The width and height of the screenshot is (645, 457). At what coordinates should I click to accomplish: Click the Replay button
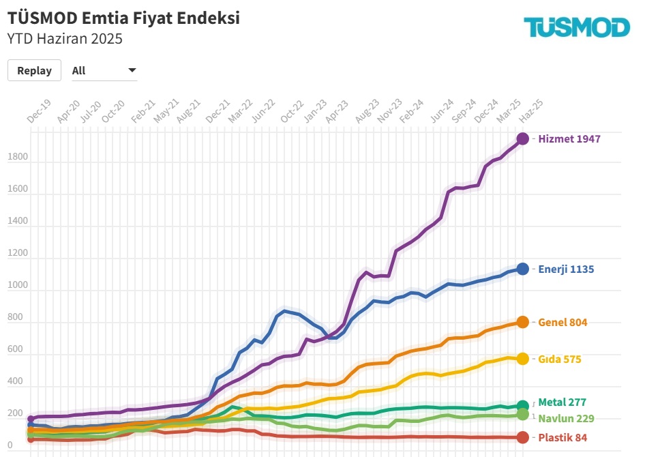pos(34,70)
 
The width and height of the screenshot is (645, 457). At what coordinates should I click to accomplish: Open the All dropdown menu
pos(104,70)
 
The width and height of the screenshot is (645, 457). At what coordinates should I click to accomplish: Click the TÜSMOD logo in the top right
pos(577,27)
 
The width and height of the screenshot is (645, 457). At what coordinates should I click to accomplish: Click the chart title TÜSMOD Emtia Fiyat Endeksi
pos(123,18)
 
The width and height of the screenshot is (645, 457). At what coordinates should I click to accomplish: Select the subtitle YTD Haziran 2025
pos(65,39)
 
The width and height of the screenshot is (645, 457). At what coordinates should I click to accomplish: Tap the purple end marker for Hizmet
pos(522,138)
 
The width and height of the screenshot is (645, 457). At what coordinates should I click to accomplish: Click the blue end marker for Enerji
pos(522,269)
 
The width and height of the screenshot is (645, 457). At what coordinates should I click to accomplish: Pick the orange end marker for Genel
pos(522,322)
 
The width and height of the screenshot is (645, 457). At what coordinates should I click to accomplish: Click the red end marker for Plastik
pos(522,437)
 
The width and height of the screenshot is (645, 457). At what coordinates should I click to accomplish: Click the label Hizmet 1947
pos(569,138)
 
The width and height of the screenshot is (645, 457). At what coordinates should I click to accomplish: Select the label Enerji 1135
pos(566,269)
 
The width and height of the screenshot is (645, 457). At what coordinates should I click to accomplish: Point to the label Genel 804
pos(562,322)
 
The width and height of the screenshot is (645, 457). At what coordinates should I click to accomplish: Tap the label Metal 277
pos(562,402)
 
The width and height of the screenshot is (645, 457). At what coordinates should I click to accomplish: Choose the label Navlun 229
pos(567,418)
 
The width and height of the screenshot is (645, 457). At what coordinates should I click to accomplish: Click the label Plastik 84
pos(562,437)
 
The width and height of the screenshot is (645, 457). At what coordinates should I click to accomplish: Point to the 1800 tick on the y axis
pos(18,158)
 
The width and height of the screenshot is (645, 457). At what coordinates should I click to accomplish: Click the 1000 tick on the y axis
pos(18,286)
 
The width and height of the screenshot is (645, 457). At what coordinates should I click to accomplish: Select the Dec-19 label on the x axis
pos(39,111)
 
